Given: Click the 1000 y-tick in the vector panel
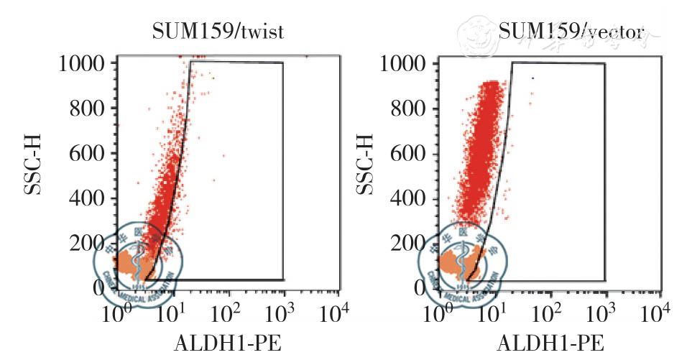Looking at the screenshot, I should (406, 63).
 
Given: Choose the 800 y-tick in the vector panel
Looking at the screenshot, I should (413, 109).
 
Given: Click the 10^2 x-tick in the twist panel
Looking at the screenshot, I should (227, 313).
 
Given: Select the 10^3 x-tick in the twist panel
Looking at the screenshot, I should (282, 313).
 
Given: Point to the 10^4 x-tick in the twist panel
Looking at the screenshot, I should (336, 313).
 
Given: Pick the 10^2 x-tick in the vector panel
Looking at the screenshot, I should (551, 313).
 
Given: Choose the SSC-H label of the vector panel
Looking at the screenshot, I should (367, 175).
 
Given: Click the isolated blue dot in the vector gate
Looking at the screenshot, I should (532, 78).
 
